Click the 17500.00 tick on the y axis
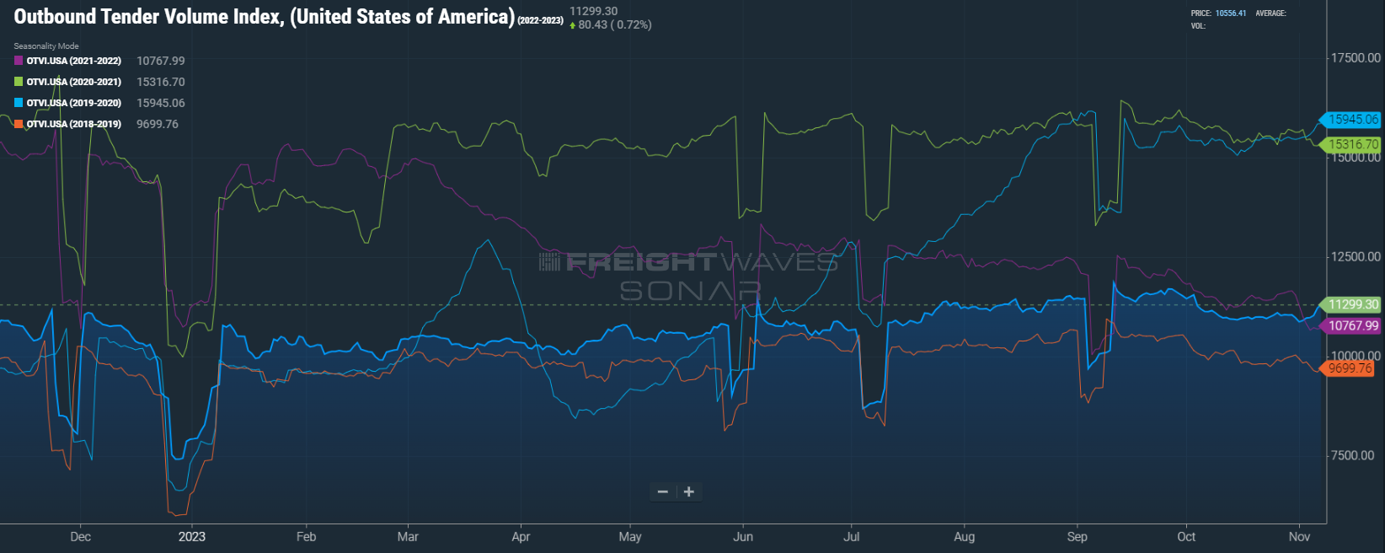pos(1356,58)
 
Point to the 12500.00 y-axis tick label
pos(1356,257)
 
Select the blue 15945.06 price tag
pos(1352,120)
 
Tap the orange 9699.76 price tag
pos(1350,368)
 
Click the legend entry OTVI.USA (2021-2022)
pos(73,61)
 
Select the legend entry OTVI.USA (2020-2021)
pos(73,82)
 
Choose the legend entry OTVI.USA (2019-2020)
pos(73,103)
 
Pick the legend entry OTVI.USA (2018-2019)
pos(73,124)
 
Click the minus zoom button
pos(663,492)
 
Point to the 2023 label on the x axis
pos(191,537)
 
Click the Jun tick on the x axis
pos(743,537)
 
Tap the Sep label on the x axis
pos(1077,537)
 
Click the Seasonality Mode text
pos(46,46)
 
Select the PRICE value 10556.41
pos(1230,13)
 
